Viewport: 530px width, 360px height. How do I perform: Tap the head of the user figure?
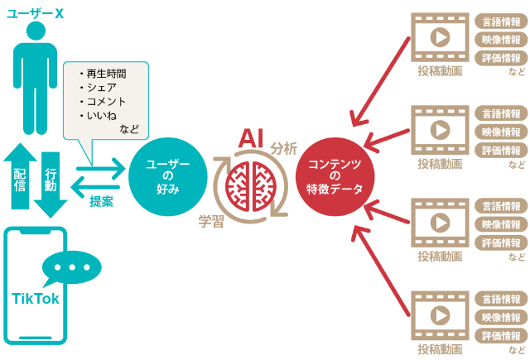click(x=34, y=32)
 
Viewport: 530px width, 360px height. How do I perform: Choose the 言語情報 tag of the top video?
click(x=502, y=21)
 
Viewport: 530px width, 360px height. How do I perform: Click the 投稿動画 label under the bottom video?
click(x=440, y=348)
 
